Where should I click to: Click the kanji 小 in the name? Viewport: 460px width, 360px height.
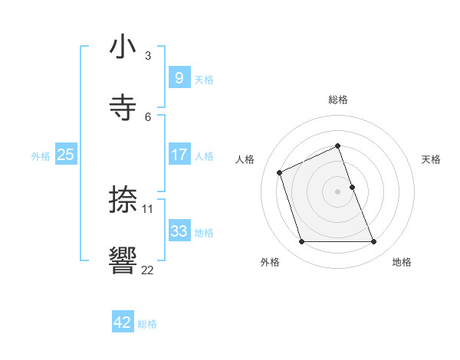pos(123,47)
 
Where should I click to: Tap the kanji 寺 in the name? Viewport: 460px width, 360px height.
pos(123,106)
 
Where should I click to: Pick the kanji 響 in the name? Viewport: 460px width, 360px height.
pos(123,260)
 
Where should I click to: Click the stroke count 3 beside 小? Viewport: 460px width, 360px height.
pos(148,56)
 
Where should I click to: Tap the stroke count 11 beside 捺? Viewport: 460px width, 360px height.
pos(148,209)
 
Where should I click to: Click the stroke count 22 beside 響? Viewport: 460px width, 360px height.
pos(148,269)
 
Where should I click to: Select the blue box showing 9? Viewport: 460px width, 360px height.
pos(179,77)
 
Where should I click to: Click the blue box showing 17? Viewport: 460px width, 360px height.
pos(179,155)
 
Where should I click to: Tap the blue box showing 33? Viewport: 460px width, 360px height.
pos(179,231)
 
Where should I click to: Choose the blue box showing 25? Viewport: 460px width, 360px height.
pos(66,155)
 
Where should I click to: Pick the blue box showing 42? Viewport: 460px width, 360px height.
pos(123,322)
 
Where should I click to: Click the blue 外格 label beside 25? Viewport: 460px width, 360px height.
pos(41,155)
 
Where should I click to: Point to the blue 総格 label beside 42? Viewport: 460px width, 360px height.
pos(147,324)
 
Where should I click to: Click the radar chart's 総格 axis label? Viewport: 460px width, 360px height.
pos(337,100)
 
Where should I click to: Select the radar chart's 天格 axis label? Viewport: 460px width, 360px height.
pos(431,159)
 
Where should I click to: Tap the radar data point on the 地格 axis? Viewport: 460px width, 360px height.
pos(374,242)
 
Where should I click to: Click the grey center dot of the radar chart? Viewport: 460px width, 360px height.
pos(337,191)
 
